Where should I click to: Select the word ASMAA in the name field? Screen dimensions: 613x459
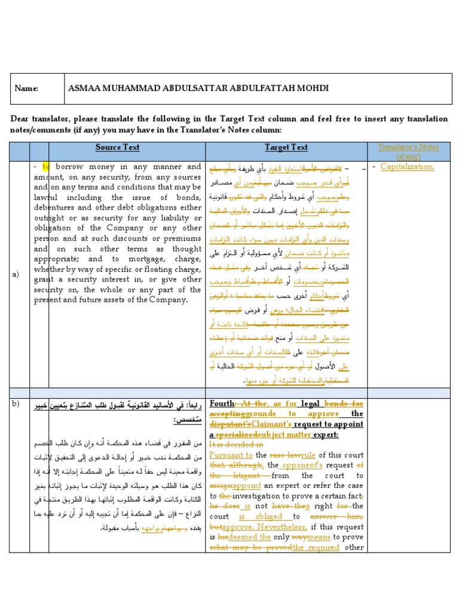pos(87,88)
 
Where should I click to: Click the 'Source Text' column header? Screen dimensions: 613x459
pos(118,147)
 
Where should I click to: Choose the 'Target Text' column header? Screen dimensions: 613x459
pos(286,147)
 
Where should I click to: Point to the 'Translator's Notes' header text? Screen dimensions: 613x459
pos(409,147)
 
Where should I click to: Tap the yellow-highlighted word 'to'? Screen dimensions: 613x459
pos(46,167)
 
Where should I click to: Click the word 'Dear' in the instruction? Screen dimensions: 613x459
pos(19,119)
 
